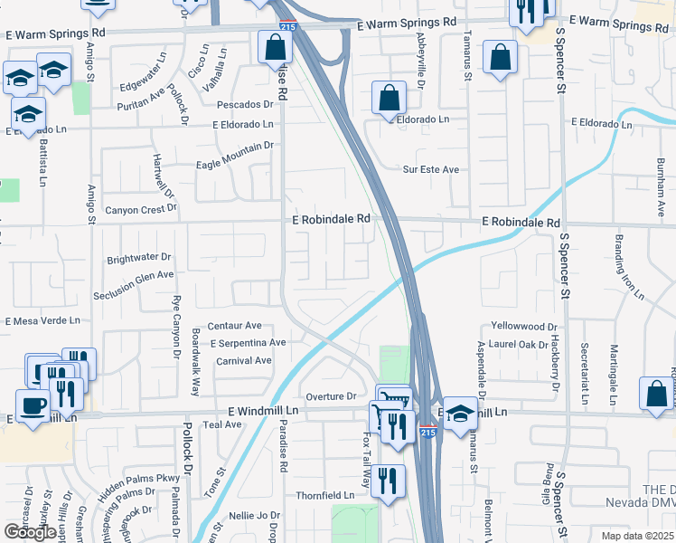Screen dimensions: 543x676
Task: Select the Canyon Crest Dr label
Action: pyautogui.click(x=142, y=209)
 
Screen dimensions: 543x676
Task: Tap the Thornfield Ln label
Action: pyautogui.click(x=325, y=496)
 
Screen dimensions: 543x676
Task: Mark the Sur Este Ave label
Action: pyautogui.click(x=431, y=169)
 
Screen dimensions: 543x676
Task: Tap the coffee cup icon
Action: pyautogui.click(x=33, y=405)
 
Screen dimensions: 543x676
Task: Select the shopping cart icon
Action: pyautogui.click(x=393, y=400)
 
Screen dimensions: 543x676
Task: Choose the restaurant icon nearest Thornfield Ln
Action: pyautogui.click(x=389, y=481)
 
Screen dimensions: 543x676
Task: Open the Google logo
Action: pyautogui.click(x=30, y=532)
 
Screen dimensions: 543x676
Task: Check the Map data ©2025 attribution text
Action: pyautogui.click(x=636, y=536)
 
